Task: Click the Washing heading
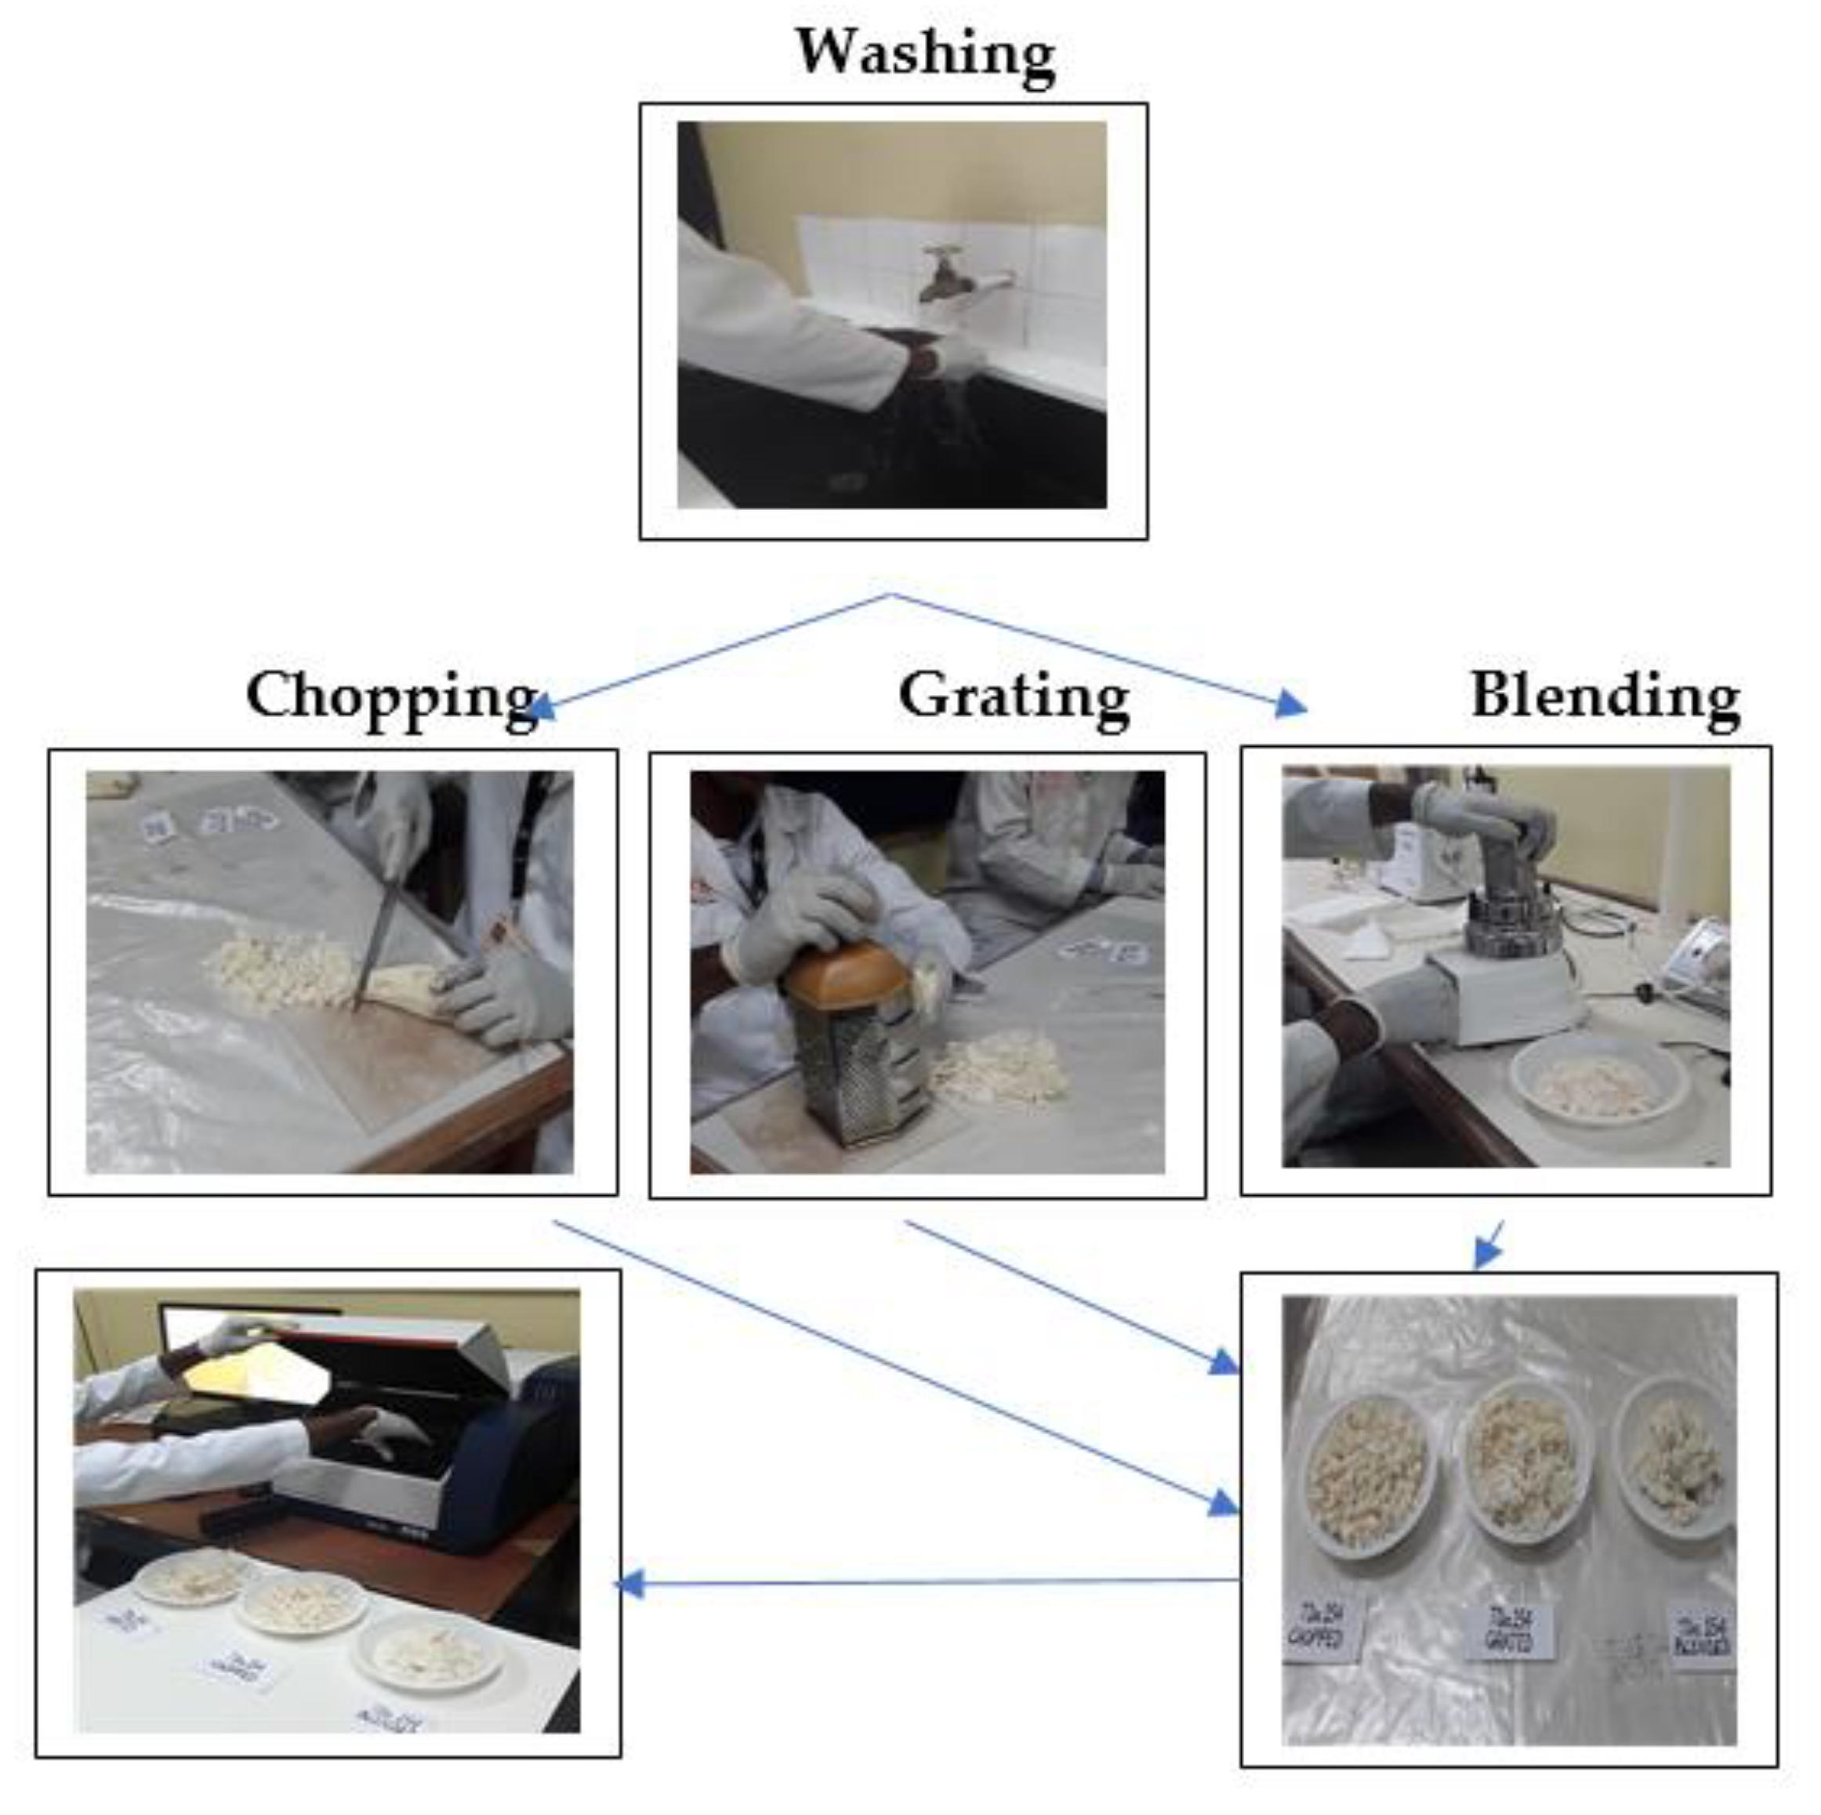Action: click(x=925, y=54)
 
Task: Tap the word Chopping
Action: click(x=390, y=697)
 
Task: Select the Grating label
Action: click(x=1014, y=697)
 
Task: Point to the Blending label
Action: click(x=1604, y=697)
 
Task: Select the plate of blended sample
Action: click(x=1678, y=1456)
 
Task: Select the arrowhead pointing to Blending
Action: click(x=1291, y=704)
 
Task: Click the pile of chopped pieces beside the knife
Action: click(x=274, y=971)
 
